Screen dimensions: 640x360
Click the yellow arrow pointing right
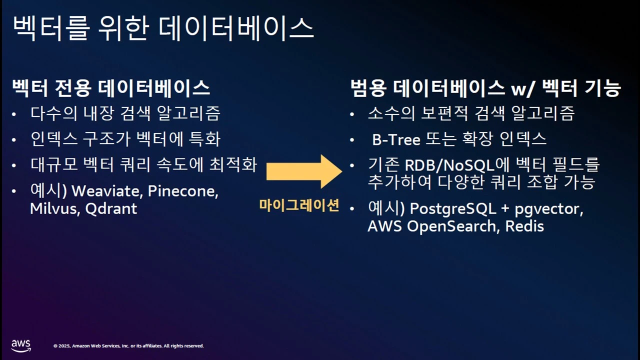pos(304,171)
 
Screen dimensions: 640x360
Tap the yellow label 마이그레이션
pos(299,205)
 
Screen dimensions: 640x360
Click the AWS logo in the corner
pos(21,345)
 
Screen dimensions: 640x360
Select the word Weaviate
pos(107,191)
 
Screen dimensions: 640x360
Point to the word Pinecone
pos(183,191)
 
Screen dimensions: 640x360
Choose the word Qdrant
pos(111,208)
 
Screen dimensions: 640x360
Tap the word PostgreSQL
pos(453,209)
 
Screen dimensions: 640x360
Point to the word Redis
pos(524,226)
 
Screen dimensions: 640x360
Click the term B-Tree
pos(396,139)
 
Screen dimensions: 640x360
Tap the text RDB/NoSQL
pos(449,165)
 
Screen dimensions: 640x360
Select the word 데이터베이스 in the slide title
pos(236,28)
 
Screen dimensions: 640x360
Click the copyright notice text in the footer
pos(128,345)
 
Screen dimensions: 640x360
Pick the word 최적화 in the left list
pos(233,165)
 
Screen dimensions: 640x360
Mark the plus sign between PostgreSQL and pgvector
pos(505,208)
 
